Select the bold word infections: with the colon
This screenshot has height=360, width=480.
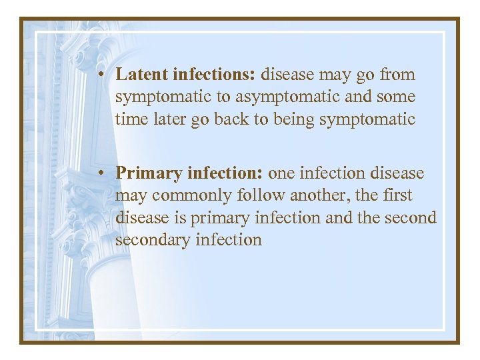215,75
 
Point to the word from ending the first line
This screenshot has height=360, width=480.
398,75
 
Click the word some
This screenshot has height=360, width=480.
396,97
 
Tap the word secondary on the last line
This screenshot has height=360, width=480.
153,239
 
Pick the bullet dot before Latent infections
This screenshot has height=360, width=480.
98,75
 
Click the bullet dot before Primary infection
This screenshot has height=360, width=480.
98,174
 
